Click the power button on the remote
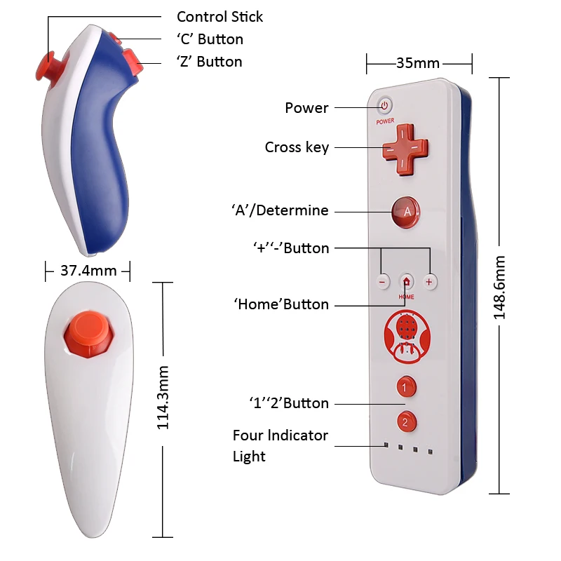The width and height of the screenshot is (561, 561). pyautogui.click(x=384, y=106)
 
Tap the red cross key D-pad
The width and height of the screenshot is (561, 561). pyautogui.click(x=405, y=149)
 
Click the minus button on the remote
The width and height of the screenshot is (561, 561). pyautogui.click(x=383, y=281)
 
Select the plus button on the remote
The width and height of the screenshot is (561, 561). pyautogui.click(x=430, y=281)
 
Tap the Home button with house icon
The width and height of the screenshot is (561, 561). pyautogui.click(x=407, y=281)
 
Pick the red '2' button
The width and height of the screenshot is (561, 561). pyautogui.click(x=405, y=422)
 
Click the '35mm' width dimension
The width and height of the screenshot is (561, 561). pyautogui.click(x=418, y=63)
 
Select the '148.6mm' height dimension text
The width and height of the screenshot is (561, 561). pyautogui.click(x=499, y=288)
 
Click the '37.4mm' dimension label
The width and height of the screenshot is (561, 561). pyautogui.click(x=87, y=270)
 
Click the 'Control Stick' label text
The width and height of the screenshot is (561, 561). pyautogui.click(x=219, y=16)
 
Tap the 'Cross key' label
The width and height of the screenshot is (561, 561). pyautogui.click(x=297, y=147)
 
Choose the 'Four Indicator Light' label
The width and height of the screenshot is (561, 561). pyautogui.click(x=280, y=445)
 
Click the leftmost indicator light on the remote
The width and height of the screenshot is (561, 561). pyautogui.click(x=386, y=445)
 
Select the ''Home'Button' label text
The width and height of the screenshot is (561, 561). pyautogui.click(x=281, y=304)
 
